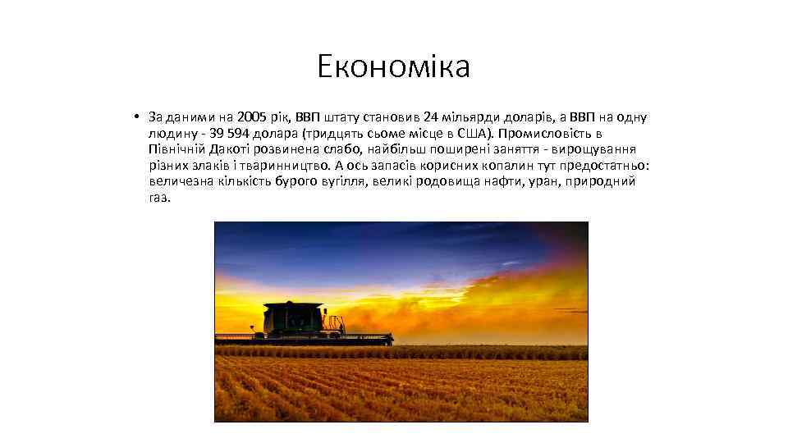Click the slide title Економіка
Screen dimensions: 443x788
tap(394, 66)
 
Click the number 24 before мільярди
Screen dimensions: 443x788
tap(432, 116)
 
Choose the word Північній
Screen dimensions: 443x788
tap(176, 149)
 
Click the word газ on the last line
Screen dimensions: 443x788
tap(159, 198)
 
